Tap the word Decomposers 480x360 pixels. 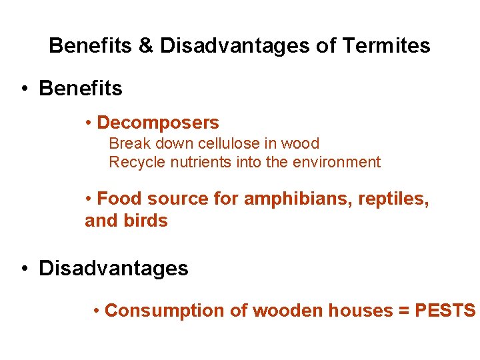[157, 123]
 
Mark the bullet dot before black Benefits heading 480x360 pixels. [24, 89]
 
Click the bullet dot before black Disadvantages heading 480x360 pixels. [24, 269]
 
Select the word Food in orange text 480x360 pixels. [120, 199]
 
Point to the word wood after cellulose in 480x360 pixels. [300, 143]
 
